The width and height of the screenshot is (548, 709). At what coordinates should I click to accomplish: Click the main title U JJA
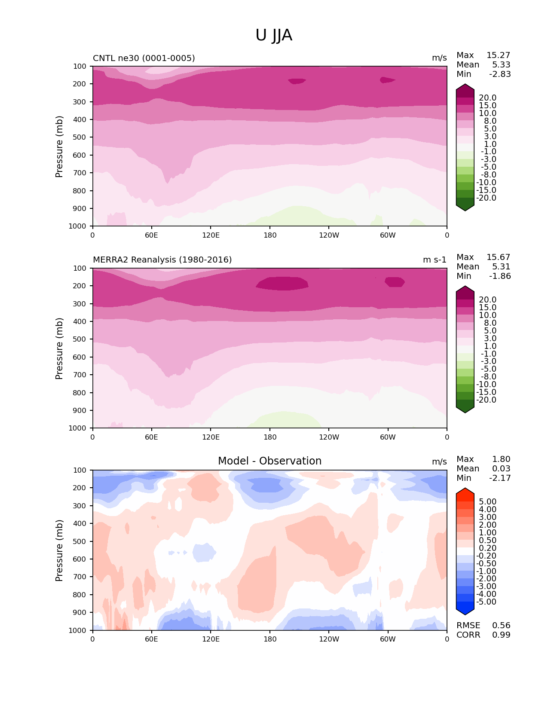274,35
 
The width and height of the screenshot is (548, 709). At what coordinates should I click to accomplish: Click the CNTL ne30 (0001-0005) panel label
144,58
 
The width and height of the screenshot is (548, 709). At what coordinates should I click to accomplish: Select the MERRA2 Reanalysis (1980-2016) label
162,260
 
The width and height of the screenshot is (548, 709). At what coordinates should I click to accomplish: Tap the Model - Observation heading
269,461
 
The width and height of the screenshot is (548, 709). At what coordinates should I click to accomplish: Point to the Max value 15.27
498,55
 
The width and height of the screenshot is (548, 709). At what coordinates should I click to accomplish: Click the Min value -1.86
500,276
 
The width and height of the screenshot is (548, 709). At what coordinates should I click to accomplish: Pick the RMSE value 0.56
501,626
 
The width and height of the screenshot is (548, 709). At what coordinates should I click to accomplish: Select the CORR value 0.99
501,635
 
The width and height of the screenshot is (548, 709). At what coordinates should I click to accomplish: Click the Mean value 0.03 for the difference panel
501,469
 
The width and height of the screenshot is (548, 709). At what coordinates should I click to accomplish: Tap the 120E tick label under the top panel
211,235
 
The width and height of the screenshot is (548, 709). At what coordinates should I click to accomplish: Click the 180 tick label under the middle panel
270,437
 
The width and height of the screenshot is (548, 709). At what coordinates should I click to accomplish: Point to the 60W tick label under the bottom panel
388,639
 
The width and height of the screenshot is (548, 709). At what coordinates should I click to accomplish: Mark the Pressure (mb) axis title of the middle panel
59,348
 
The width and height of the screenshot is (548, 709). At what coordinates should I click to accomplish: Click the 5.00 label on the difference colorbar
487,502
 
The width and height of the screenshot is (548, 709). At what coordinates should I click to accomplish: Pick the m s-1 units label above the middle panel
435,260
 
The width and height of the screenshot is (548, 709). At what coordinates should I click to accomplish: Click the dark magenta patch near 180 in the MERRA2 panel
282,283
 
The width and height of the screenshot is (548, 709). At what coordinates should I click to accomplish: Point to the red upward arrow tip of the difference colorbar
465,490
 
